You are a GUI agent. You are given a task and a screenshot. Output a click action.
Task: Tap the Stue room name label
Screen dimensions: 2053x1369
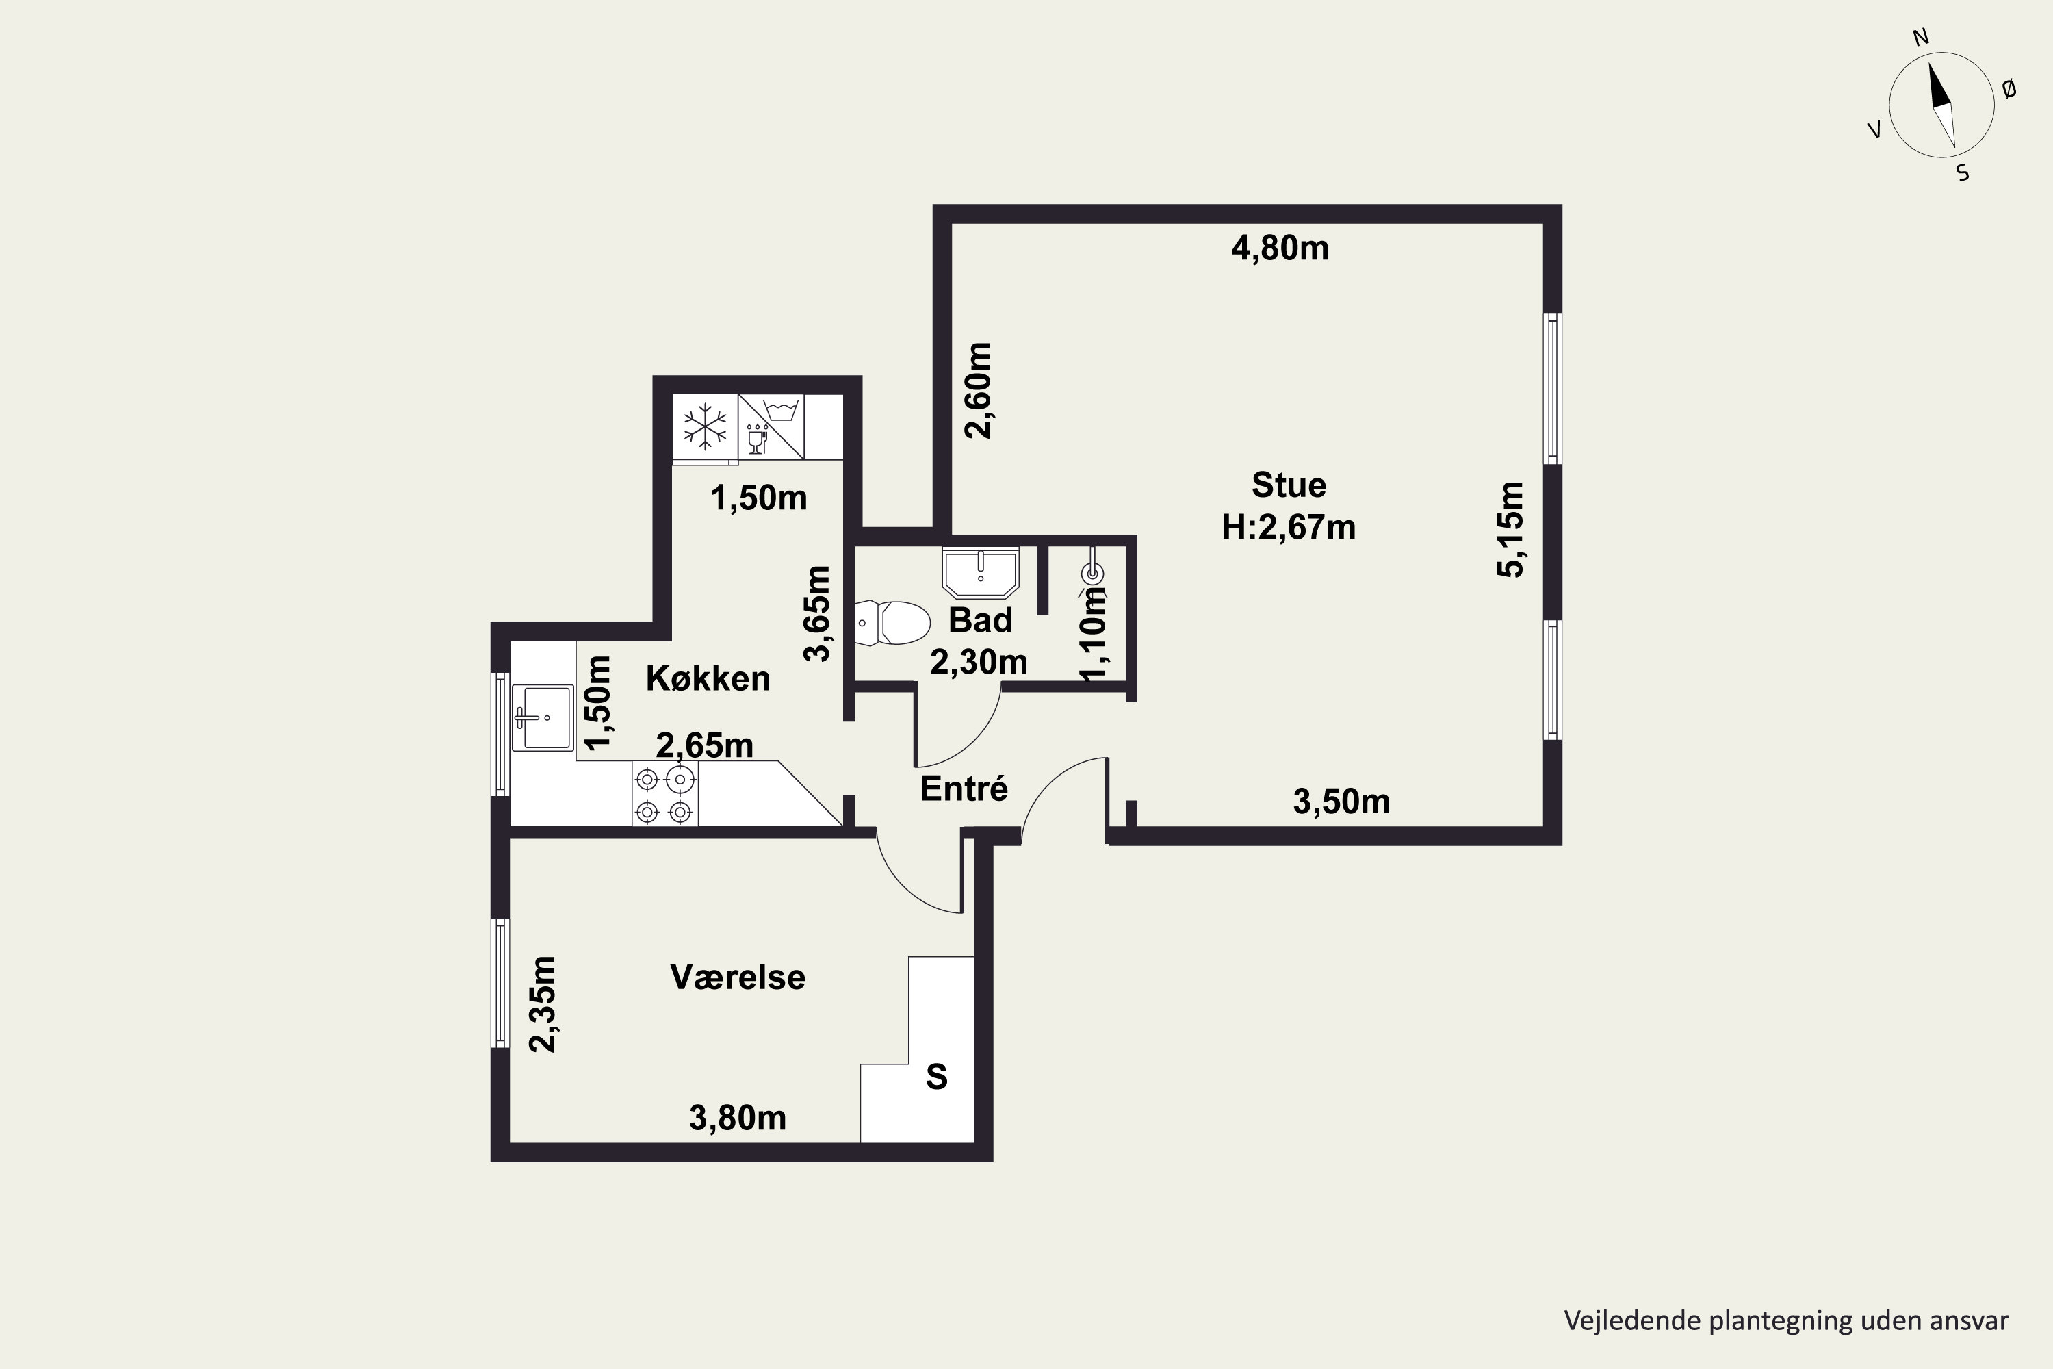click(1289, 485)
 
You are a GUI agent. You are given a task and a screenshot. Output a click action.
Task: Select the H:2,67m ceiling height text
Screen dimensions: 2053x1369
click(1289, 527)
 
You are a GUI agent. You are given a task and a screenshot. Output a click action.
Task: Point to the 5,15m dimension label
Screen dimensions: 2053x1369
click(1511, 530)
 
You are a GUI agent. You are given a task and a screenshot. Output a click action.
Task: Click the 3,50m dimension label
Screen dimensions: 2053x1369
click(1341, 802)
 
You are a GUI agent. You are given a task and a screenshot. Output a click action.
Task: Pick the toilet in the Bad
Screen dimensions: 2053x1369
click(892, 622)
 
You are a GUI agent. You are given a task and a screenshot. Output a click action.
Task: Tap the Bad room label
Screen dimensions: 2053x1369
click(980, 621)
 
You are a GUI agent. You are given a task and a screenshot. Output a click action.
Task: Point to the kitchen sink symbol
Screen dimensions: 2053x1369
click(542, 717)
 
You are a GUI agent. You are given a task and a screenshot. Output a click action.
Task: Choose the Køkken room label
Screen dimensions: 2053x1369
click(708, 678)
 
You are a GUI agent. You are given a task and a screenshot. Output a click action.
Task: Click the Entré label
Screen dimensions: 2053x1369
click(964, 789)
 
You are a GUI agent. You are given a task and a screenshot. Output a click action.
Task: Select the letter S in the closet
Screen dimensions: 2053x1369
click(937, 1077)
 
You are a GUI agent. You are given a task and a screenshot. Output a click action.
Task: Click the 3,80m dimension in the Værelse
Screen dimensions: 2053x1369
click(738, 1118)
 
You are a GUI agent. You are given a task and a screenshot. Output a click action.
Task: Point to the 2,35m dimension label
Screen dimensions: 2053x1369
click(542, 1005)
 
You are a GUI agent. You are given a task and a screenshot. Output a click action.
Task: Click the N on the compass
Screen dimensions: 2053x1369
click(1921, 38)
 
